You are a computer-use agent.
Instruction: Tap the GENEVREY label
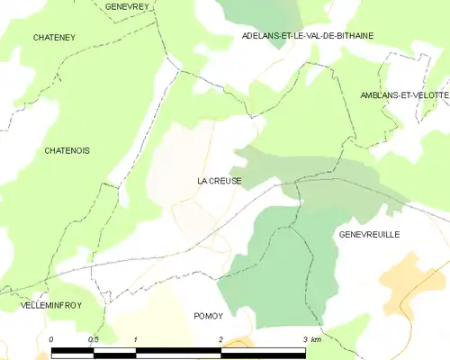126,6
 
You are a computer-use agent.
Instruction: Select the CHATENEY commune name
54,37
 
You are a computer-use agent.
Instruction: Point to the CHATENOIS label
67,150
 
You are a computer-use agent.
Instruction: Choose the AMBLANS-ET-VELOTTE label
403,94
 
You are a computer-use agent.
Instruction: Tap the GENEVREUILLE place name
369,234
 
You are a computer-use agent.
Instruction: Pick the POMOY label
208,316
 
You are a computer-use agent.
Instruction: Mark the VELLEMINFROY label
50,306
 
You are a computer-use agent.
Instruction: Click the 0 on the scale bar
52,339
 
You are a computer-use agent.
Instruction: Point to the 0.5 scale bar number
94,339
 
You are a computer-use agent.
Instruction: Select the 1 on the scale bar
136,339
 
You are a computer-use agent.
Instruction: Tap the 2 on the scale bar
220,339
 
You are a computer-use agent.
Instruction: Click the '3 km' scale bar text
311,339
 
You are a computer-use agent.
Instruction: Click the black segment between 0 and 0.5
73,351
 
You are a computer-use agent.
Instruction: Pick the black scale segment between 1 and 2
178,351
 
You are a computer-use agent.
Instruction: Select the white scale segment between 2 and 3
263,351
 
